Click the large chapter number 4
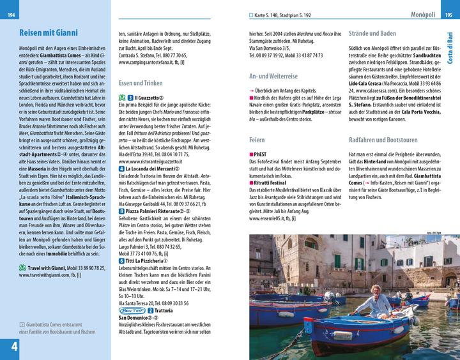(x=11, y=347)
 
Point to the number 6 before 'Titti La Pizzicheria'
(x=121, y=260)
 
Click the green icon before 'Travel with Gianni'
(x=22, y=268)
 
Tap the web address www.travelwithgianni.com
(x=43, y=276)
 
